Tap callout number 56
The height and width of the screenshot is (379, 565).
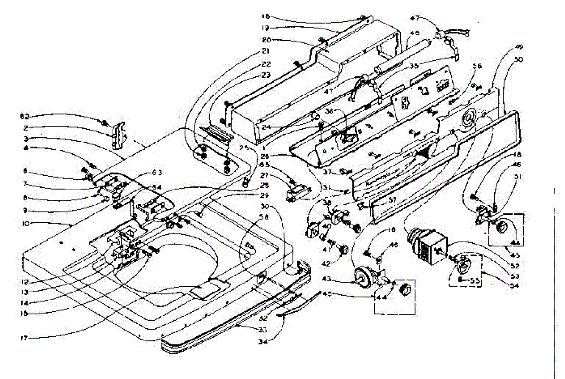pyautogui.click(x=477, y=66)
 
